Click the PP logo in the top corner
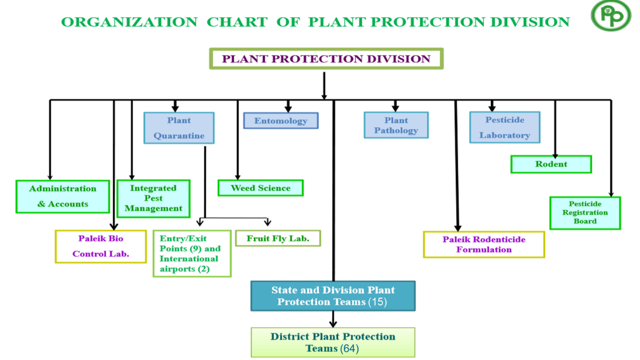611,15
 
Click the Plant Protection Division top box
326,58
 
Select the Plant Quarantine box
179,127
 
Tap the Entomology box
281,120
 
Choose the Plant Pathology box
396,125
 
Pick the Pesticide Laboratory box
505,127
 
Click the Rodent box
551,164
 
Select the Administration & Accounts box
62,196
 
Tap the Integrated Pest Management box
153,198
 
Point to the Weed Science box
260,187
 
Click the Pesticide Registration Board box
585,213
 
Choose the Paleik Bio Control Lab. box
101,246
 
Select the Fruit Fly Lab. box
278,238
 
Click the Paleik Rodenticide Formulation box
484,244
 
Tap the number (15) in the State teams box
377,302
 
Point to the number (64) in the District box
349,348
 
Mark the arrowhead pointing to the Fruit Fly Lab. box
267,222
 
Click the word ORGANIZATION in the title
129,22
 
